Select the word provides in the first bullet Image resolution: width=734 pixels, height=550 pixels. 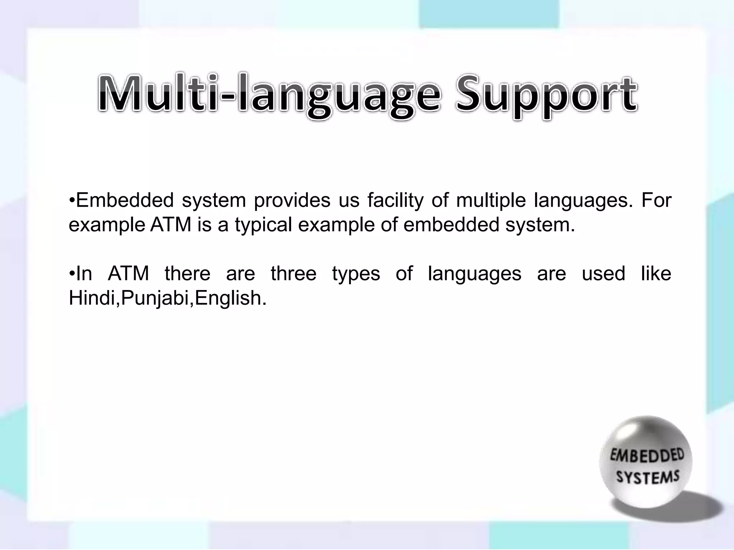point(292,200)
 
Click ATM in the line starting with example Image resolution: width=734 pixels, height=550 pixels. point(171,225)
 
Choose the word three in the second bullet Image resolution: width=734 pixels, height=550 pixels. point(294,274)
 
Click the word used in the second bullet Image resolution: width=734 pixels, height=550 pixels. point(604,274)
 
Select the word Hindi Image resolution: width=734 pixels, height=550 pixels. point(93,298)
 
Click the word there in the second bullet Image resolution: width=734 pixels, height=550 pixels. point(187,274)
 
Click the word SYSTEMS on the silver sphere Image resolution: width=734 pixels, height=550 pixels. point(648,477)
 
